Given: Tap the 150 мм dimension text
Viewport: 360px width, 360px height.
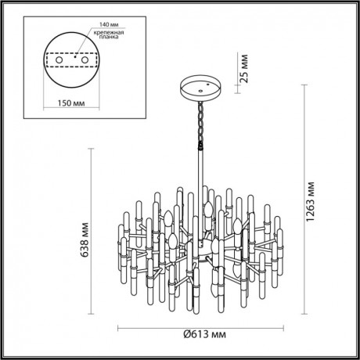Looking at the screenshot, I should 75,102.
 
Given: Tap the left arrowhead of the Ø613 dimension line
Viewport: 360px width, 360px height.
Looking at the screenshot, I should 120,327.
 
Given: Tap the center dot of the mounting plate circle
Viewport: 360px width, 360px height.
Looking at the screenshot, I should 75,56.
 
